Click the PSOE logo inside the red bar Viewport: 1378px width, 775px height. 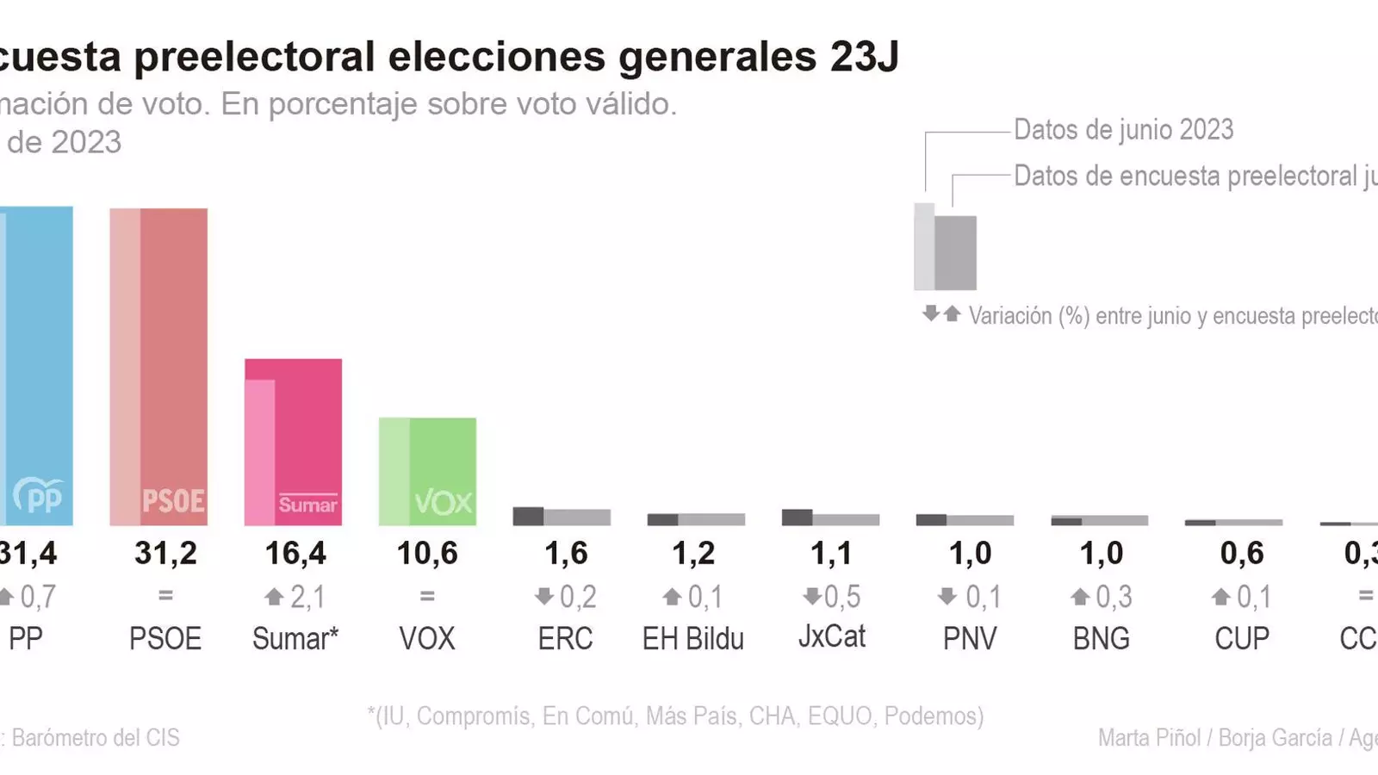[x=173, y=501]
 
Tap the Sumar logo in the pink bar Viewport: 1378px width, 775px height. [x=307, y=505]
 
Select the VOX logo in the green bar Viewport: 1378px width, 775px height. [x=444, y=502]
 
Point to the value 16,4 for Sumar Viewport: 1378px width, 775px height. [x=295, y=554]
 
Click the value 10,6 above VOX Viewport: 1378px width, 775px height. [x=427, y=554]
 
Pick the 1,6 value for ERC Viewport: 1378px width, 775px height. [x=566, y=554]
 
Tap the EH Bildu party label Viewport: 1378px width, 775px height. [x=693, y=639]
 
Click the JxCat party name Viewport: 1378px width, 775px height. [x=832, y=636]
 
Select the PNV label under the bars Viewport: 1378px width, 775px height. [x=970, y=639]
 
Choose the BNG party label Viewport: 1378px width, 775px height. [x=1102, y=639]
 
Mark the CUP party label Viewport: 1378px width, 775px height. [x=1242, y=639]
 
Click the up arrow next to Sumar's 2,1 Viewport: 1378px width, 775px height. [x=274, y=596]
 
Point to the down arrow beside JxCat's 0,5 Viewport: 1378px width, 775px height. [x=811, y=596]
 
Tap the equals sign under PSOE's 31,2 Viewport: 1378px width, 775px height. [x=165, y=595]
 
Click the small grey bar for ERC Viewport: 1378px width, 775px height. [x=562, y=517]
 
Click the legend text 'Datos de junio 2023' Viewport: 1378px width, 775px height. [x=1123, y=130]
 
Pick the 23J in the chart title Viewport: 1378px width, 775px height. [x=865, y=57]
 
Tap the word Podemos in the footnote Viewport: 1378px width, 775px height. [x=933, y=716]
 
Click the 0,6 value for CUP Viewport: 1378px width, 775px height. [x=1242, y=554]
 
